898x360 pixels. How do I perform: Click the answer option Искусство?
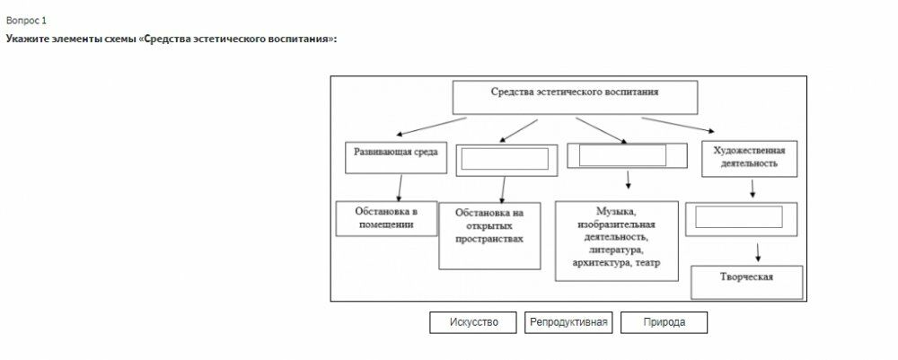click(473, 322)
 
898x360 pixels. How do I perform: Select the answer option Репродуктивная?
click(568, 322)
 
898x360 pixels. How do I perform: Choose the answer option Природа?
click(664, 322)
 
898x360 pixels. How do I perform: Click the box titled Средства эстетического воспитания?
click(574, 92)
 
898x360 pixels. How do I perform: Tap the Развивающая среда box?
click(395, 154)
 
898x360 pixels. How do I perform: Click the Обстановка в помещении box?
click(384, 217)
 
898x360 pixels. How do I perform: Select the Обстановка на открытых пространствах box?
click(489, 232)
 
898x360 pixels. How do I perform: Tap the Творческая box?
click(745, 277)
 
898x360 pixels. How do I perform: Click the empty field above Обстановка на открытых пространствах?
click(504, 159)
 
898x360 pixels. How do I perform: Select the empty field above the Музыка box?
click(622, 154)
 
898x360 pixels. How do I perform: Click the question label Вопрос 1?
click(26, 20)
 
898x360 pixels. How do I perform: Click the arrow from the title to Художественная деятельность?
click(680, 126)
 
